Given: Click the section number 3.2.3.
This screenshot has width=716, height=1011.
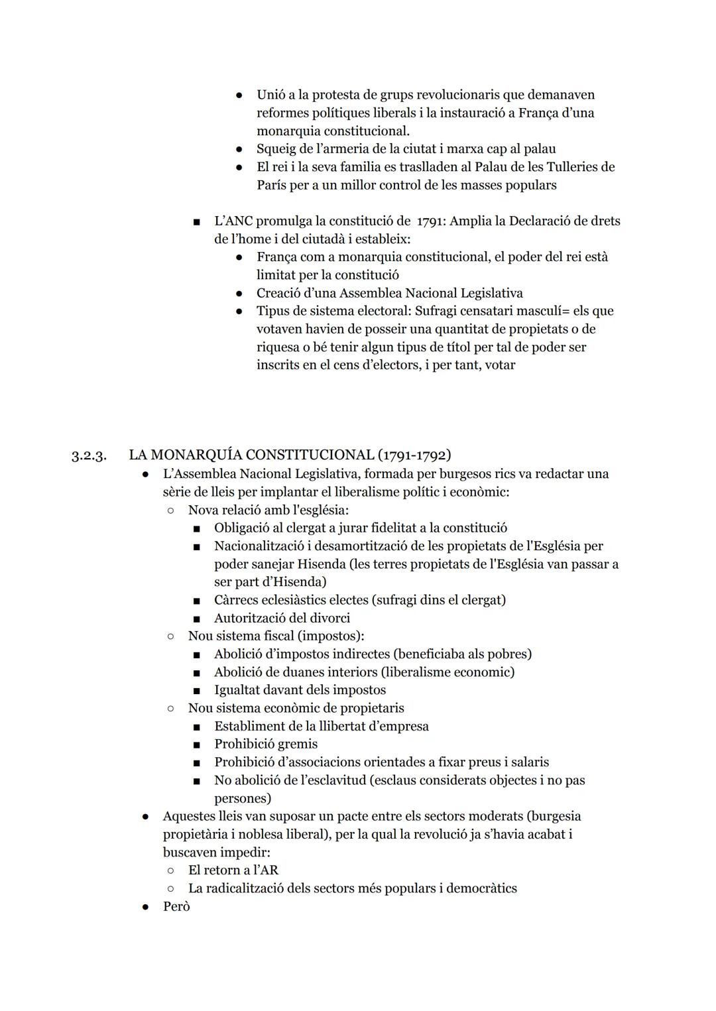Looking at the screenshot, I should coord(89,456).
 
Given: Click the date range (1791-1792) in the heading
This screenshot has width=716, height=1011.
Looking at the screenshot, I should coord(414,455).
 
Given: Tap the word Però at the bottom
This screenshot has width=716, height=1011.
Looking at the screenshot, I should coord(176,906).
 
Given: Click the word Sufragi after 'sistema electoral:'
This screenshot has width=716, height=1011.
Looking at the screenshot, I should coord(440,311).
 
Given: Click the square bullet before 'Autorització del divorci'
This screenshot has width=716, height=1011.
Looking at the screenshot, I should coord(197,619).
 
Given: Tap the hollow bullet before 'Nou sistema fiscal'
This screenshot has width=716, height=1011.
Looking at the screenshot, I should coord(171,636).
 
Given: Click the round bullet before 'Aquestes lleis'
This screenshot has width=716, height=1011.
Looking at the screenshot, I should coord(145,817).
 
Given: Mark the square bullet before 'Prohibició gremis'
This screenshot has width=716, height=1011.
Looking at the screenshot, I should coord(197,744).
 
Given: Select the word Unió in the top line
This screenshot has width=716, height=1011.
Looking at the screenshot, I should coord(272,95).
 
